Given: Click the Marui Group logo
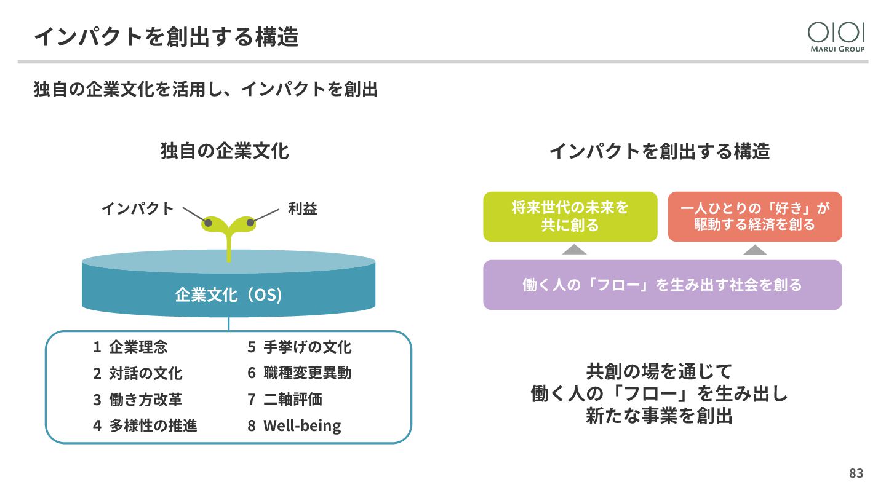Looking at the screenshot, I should (x=836, y=37).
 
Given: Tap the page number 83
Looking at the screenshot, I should (x=856, y=473).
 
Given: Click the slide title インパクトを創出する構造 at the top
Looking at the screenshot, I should (x=166, y=37).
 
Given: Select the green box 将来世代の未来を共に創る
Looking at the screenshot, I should (x=570, y=216).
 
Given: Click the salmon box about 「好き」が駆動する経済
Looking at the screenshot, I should (x=754, y=216).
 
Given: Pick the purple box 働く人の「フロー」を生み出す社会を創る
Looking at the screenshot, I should (x=662, y=285).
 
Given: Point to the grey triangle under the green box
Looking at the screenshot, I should (x=574, y=249).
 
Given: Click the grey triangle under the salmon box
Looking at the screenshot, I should (x=755, y=249).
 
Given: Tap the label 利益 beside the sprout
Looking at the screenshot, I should (x=302, y=208).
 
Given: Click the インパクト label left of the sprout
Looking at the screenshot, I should (x=138, y=208).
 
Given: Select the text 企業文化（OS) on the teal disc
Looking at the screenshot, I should (x=228, y=295).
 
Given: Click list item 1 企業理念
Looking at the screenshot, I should (x=130, y=347).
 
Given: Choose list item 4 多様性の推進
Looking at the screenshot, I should (x=145, y=425).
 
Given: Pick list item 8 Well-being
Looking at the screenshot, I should (x=294, y=425).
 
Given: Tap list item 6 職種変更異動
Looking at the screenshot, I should (x=300, y=373).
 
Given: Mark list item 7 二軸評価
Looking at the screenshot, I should (x=285, y=399).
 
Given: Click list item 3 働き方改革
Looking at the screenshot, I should (x=138, y=399).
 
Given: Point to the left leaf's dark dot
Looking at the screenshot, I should (x=209, y=223).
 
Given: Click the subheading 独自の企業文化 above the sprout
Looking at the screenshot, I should (x=225, y=151).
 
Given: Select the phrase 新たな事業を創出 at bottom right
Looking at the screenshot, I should (x=659, y=416).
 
